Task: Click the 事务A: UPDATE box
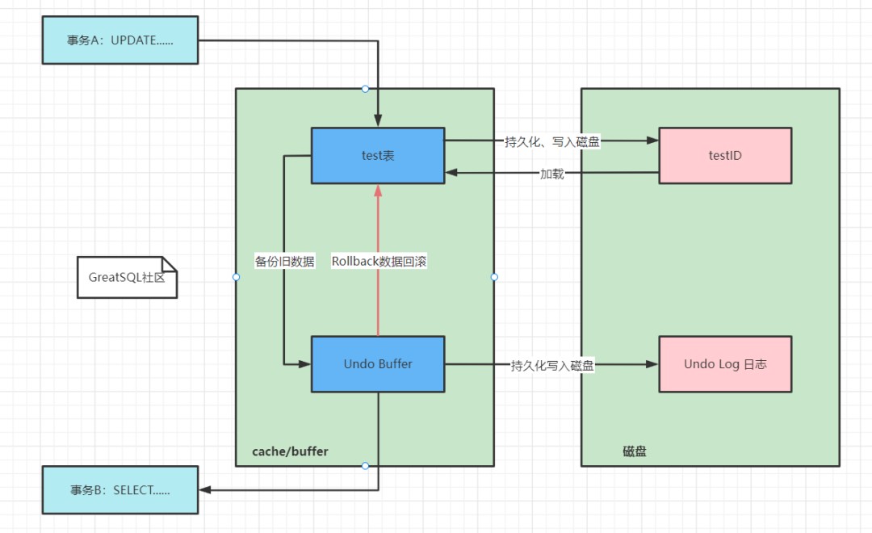point(119,40)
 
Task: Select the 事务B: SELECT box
point(119,489)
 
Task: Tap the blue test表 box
point(378,155)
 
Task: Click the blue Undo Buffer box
point(378,364)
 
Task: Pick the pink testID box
point(725,155)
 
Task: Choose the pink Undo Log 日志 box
point(725,364)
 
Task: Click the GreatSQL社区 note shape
point(127,277)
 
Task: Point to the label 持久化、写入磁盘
point(552,141)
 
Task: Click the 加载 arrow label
point(552,173)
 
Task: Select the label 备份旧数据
point(284,261)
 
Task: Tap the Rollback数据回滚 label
point(379,261)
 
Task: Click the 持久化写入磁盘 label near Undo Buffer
point(552,365)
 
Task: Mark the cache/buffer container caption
point(290,451)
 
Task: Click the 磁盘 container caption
point(635,451)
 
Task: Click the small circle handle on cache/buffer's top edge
point(365,89)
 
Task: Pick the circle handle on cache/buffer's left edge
point(236,277)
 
